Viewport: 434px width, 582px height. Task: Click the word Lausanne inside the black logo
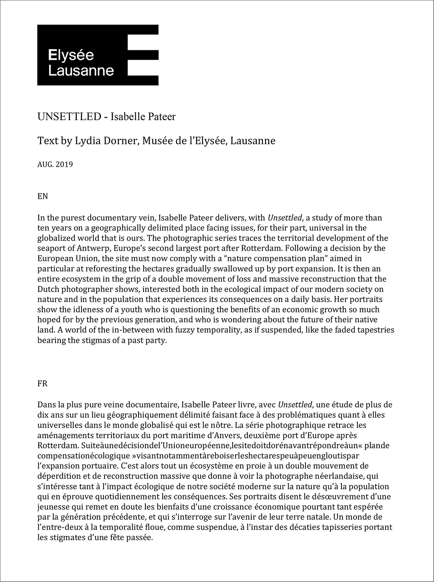[x=81, y=70]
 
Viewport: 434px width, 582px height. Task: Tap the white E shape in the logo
[x=143, y=55]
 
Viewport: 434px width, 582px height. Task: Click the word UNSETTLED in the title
[x=69, y=117]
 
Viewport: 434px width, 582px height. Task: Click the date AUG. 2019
[x=55, y=165]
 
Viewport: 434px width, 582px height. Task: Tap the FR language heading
[x=42, y=384]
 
